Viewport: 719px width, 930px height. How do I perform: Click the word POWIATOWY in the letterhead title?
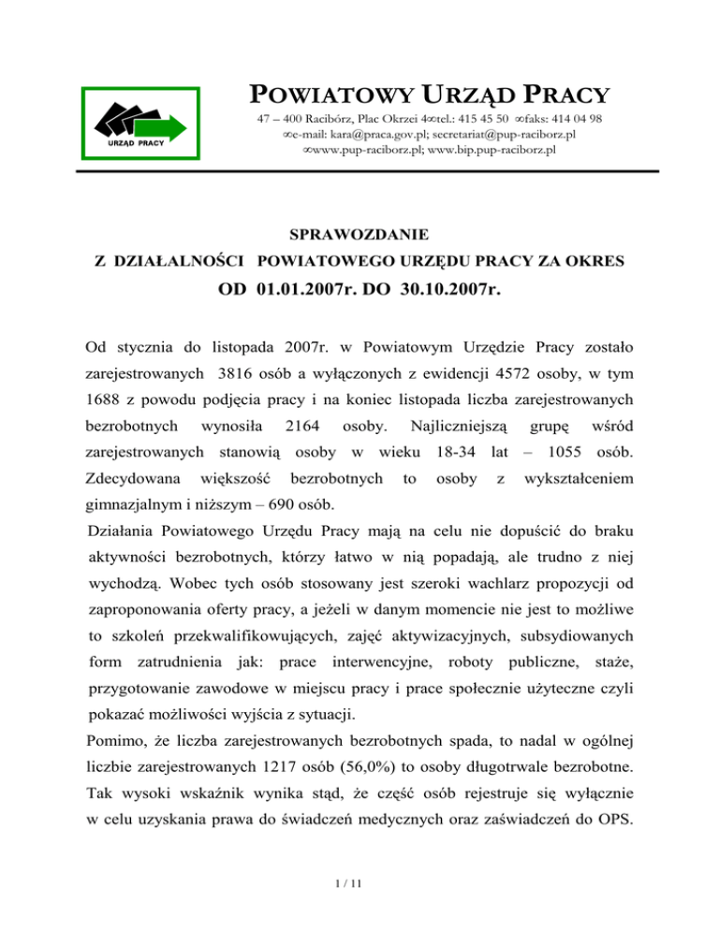[308, 95]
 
